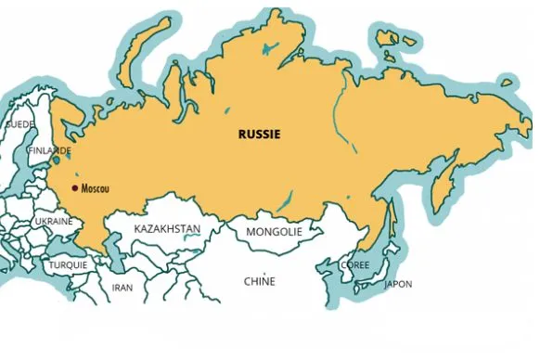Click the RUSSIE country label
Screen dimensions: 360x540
(259, 134)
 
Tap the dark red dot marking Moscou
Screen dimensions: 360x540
(74, 187)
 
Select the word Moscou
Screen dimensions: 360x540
(96, 188)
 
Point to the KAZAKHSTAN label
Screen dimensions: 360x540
(167, 228)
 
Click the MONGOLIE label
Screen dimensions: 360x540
(274, 232)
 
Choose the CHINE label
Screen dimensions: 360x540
(259, 281)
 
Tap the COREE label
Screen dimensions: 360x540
(354, 264)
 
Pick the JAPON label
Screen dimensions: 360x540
(398, 284)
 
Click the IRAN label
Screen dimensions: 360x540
(122, 288)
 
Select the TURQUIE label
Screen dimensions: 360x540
(68, 264)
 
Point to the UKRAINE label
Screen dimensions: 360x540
(54, 222)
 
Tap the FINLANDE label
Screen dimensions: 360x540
(49, 150)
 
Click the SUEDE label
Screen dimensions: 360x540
(19, 123)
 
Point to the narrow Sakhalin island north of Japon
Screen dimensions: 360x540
(391, 221)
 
